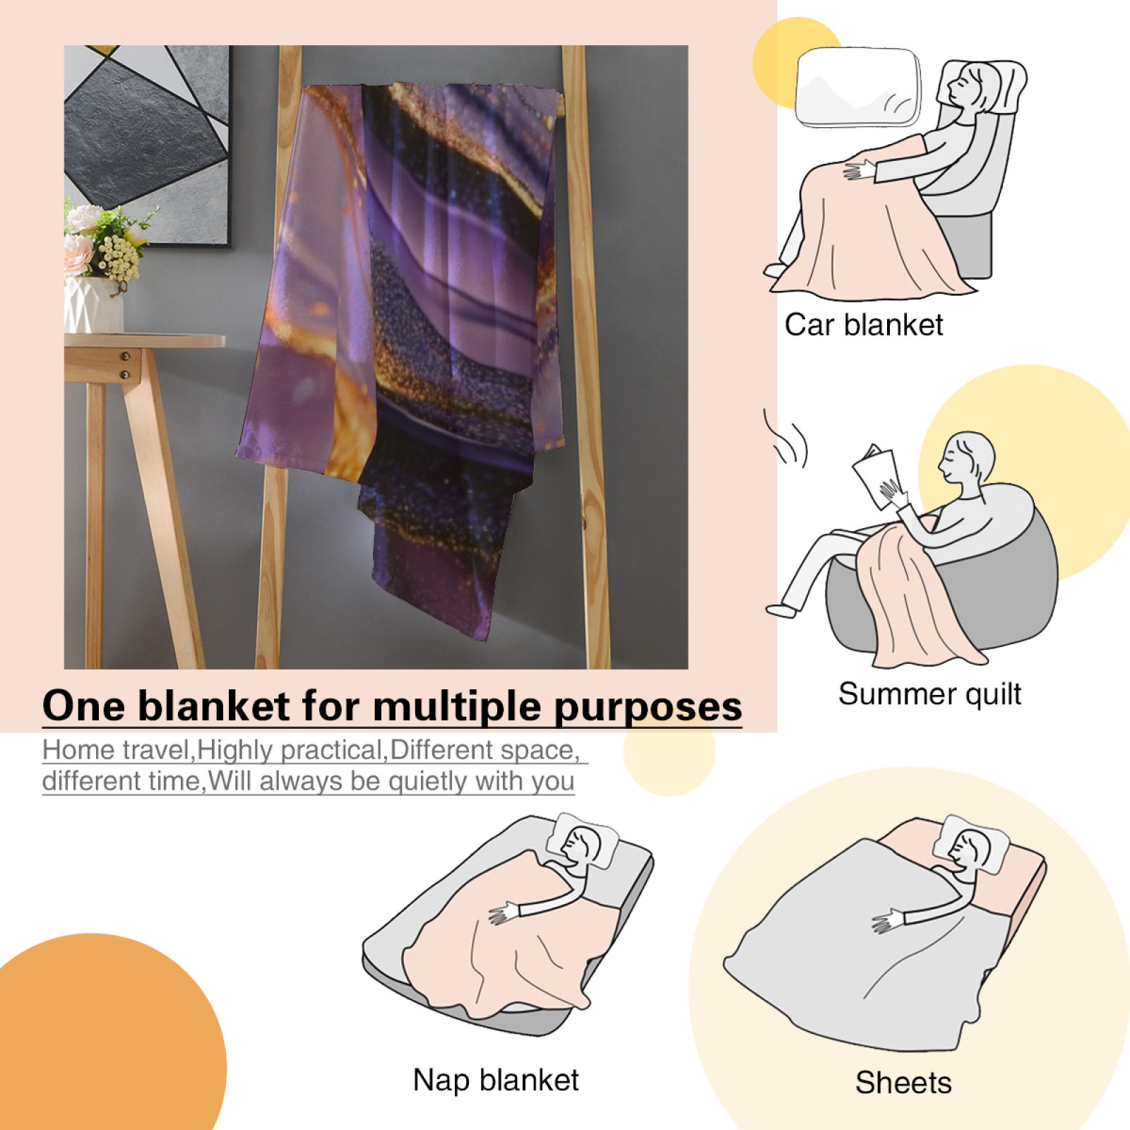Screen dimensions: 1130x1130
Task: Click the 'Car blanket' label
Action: point(864,325)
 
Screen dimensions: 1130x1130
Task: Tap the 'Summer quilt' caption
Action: point(929,694)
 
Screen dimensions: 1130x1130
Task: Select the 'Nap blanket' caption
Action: point(496,1081)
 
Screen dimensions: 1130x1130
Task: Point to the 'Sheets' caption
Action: point(903,1083)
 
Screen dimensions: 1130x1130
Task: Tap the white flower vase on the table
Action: point(94,304)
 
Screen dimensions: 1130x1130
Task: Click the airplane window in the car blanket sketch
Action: point(859,87)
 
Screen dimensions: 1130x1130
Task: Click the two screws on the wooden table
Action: point(126,364)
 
